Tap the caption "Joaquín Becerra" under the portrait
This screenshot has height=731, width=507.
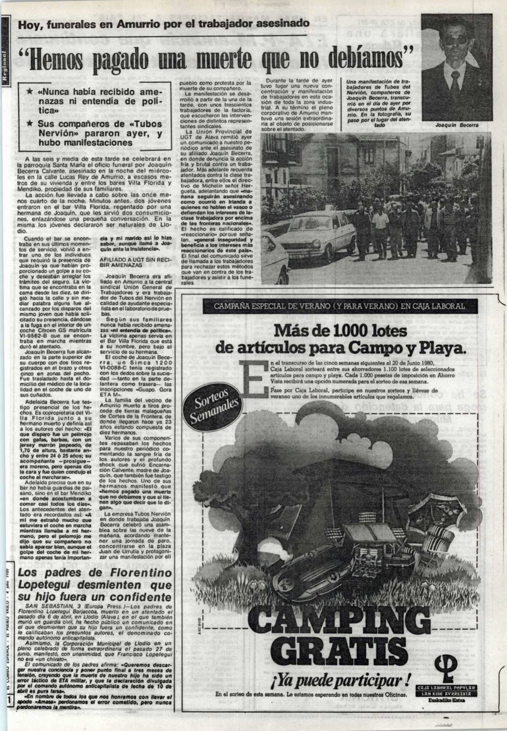point(457,125)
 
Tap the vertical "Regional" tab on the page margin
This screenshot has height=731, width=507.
point(5,68)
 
